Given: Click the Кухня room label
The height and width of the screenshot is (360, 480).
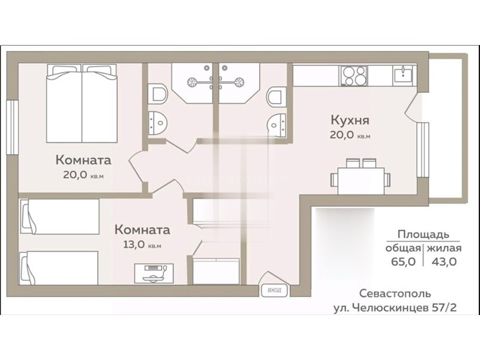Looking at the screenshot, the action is [x=350, y=121].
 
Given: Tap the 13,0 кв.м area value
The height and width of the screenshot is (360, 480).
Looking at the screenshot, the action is [x=142, y=245].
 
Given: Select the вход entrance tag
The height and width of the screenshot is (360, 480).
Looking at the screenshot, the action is [x=275, y=290].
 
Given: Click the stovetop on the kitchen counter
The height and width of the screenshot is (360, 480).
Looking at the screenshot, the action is [x=353, y=76].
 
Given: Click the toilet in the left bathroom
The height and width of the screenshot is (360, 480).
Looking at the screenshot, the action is [x=158, y=94].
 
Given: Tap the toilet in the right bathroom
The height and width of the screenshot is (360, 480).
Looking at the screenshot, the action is [x=277, y=95].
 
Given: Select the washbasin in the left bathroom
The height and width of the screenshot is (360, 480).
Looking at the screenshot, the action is [x=157, y=123].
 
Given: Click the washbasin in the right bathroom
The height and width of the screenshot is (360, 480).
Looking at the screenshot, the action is [x=277, y=125].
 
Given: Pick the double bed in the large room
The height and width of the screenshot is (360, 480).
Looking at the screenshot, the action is [x=82, y=103].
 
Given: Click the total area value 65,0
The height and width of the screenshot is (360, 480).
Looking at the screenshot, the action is [x=403, y=262].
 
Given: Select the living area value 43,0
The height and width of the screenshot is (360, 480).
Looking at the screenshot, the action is [x=444, y=262].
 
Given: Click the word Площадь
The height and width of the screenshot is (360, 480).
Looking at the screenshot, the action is [x=424, y=235].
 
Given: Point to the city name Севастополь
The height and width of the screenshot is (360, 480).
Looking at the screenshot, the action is [x=395, y=293].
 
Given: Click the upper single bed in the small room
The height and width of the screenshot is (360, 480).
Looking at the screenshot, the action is [x=59, y=217].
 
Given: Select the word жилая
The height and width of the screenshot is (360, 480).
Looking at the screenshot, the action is [x=444, y=248].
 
